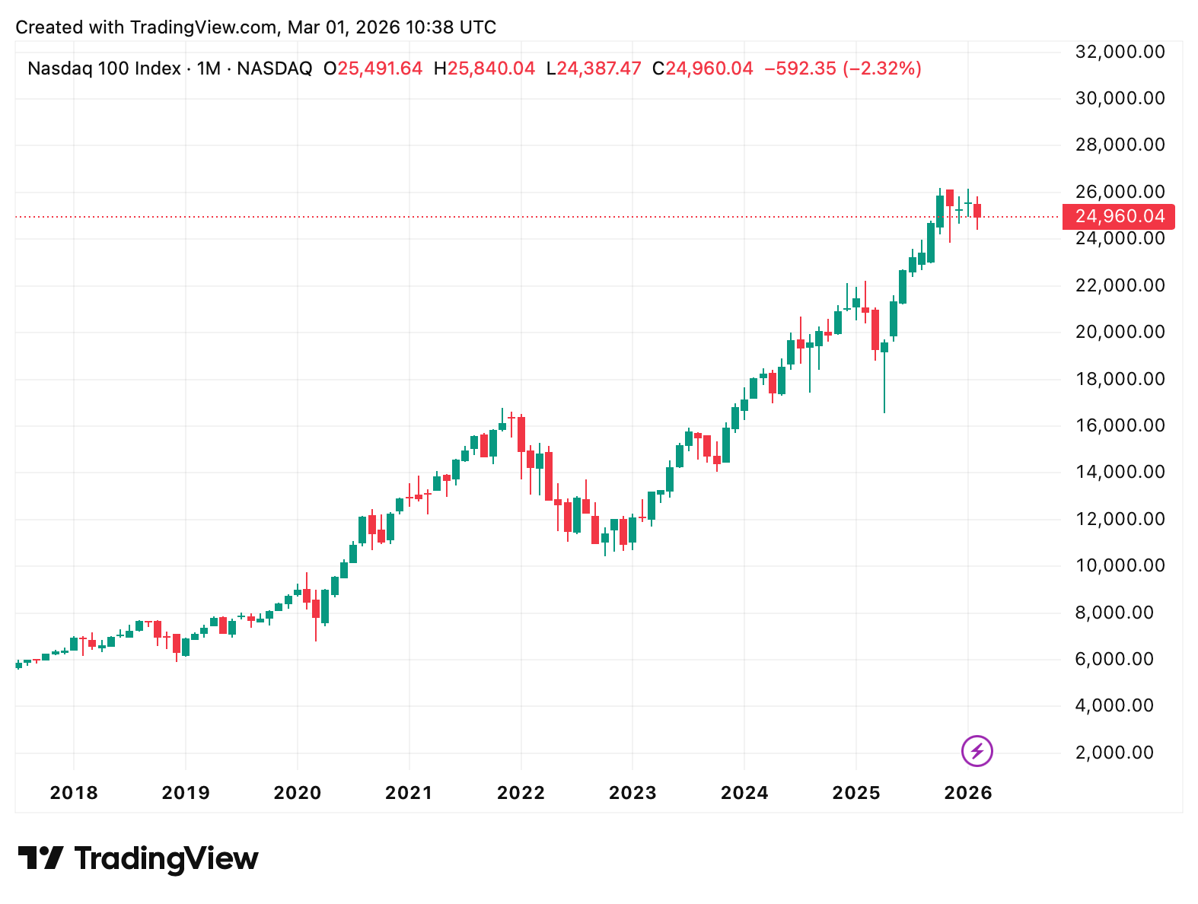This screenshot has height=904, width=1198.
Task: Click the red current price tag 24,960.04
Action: (x=1119, y=217)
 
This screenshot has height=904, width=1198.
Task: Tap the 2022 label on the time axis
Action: (x=521, y=793)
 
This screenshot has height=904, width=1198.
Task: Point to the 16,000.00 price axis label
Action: (x=1120, y=425)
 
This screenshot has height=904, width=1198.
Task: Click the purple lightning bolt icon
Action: (x=977, y=751)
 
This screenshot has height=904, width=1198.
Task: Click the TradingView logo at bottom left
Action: (x=138, y=858)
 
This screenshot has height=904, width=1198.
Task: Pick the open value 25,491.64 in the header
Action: (x=379, y=68)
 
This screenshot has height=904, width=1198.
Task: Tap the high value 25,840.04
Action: (x=491, y=68)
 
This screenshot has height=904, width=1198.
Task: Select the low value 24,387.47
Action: (x=598, y=68)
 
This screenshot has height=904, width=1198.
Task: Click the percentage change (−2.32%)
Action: (x=882, y=68)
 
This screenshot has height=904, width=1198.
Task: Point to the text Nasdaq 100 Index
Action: (x=104, y=68)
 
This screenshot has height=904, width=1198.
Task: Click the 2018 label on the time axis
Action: (x=74, y=793)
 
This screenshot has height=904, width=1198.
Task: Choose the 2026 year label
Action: (x=968, y=793)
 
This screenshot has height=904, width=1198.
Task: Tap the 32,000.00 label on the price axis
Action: (x=1120, y=52)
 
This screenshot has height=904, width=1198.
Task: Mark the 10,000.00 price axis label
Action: (x=1120, y=565)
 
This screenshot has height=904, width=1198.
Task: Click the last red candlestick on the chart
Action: (x=977, y=211)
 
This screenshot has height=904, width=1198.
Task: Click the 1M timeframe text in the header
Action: (x=209, y=68)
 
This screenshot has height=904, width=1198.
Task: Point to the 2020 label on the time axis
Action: (x=298, y=793)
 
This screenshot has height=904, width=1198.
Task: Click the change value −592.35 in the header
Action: (x=800, y=68)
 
